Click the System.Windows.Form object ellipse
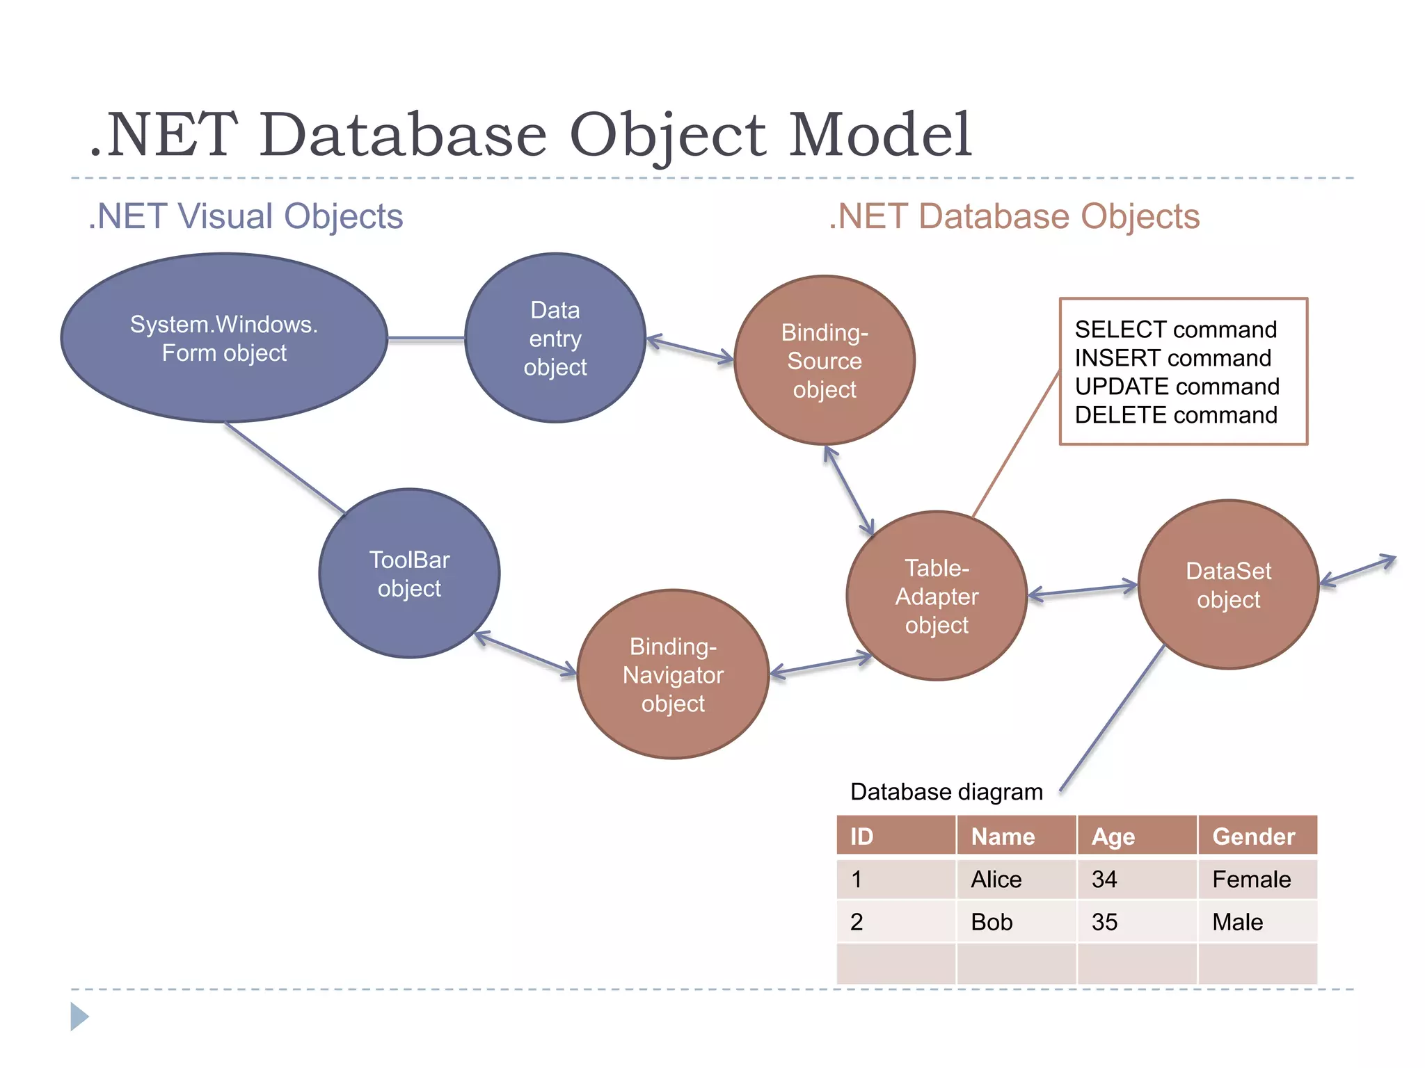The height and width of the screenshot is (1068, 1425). [224, 338]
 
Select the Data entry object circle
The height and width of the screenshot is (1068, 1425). [555, 338]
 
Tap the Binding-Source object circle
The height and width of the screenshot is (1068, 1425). [825, 360]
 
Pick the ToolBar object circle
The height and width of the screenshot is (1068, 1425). [409, 574]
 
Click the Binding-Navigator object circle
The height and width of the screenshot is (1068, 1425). [673, 674]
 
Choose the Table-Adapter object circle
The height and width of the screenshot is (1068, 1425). [937, 596]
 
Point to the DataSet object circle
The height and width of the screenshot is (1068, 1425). [1228, 585]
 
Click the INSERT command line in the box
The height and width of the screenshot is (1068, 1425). [1173, 357]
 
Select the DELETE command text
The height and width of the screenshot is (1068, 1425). [1176, 415]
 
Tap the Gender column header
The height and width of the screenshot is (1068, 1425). [1254, 836]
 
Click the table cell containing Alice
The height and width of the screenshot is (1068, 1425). [996, 880]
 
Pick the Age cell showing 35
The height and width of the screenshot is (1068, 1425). [1104, 922]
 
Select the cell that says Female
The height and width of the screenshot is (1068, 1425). [1251, 880]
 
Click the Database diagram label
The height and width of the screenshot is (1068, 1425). [946, 792]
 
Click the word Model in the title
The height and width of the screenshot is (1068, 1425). [879, 135]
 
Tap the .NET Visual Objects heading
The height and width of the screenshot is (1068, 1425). [246, 216]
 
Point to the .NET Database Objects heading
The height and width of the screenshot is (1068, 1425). [1014, 216]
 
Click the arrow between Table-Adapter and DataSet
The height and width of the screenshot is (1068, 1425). [1083, 590]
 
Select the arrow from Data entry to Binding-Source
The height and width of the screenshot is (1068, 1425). [690, 349]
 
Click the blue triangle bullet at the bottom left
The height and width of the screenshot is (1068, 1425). [79, 1017]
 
